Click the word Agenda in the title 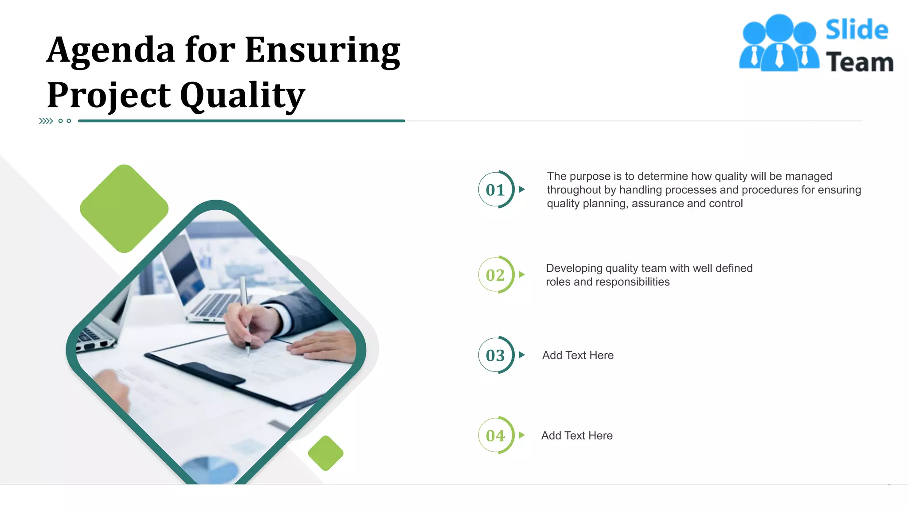(111, 50)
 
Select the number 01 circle (496, 189)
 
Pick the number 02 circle (496, 274)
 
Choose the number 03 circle (496, 355)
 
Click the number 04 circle (496, 436)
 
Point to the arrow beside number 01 (522, 189)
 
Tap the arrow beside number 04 (522, 435)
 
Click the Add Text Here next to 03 (578, 355)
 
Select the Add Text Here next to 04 (577, 436)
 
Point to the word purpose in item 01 (590, 176)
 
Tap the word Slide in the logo (857, 30)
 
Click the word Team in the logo (860, 62)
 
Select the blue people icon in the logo (779, 43)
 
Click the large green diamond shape (124, 209)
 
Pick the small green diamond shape (326, 453)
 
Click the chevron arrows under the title (46, 121)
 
